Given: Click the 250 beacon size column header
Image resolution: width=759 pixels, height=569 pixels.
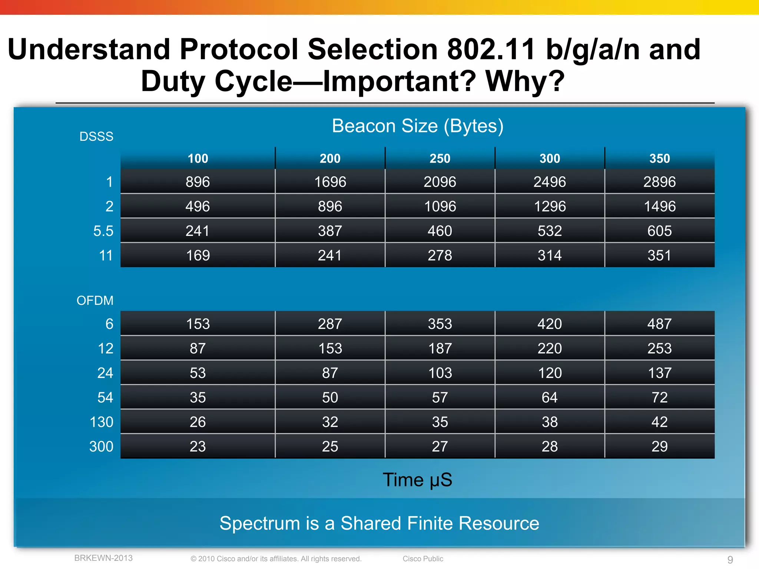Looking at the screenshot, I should point(440,159).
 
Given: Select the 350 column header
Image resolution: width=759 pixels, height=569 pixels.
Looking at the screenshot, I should point(659,159).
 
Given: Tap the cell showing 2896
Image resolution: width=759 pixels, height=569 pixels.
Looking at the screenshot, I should point(659,182).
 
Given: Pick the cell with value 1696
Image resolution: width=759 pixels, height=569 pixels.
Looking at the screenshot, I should point(330,182).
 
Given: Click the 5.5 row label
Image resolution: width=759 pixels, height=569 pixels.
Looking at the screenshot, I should point(103,231).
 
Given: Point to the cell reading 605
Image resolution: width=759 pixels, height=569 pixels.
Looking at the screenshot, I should point(659,231).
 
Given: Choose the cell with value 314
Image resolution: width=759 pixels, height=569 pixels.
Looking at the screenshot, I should point(550,256).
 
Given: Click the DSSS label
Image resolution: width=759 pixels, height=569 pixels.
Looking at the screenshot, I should point(96,137).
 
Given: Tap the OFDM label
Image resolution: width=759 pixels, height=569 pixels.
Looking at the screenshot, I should point(95,300).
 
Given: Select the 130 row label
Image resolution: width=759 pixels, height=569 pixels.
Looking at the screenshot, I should point(101,422).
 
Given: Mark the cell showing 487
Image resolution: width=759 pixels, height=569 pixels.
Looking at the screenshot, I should point(659,324).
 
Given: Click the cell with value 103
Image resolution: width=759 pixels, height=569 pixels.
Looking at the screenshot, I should point(440,373).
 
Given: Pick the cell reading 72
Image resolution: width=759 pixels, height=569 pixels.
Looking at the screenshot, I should point(659,397).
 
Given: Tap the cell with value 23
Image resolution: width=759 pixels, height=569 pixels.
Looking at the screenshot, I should point(198,446).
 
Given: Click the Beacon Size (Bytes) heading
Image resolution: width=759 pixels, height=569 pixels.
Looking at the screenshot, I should point(418,126).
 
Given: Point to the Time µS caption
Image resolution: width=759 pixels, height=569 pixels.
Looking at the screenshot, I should point(417,480).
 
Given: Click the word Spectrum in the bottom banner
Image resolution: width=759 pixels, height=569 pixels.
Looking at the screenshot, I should point(259,523).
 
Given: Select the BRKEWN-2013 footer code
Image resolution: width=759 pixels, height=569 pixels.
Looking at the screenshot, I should point(103,558).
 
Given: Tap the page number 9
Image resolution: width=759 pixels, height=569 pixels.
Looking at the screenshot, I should point(730,559).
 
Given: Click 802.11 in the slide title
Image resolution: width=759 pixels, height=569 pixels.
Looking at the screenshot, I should point(491,49).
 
